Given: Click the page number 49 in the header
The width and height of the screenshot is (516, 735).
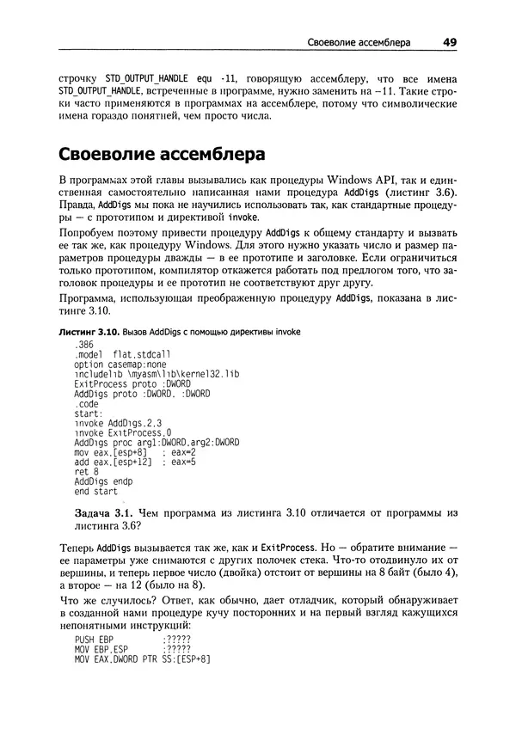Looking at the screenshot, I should coord(451,40).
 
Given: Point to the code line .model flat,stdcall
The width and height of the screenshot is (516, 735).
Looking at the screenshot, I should coord(123,354).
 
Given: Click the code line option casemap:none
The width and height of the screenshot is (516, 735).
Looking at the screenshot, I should coord(120,364).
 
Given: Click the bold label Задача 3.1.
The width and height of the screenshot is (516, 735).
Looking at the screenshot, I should coord(111,512).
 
